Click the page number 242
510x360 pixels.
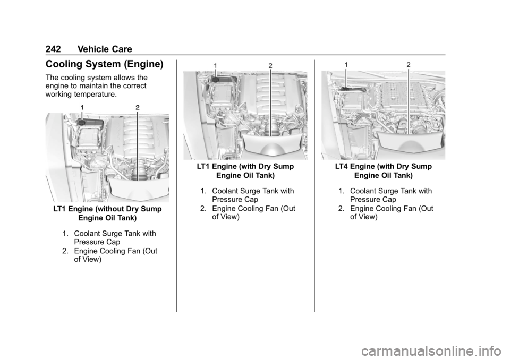pyautogui.click(x=53, y=49)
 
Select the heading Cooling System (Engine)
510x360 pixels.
pyautogui.click(x=105, y=64)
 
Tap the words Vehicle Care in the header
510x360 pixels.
pyautogui.click(x=105, y=49)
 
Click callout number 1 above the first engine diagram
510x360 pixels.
pyautogui.click(x=82, y=107)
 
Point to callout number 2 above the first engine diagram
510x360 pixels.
pyautogui.click(x=138, y=107)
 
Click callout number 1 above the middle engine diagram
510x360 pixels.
pyautogui.click(x=215, y=65)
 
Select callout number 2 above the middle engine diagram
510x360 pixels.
pyautogui.click(x=270, y=65)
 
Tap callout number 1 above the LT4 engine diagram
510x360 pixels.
pyautogui.click(x=347, y=65)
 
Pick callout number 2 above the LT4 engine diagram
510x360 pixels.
pyautogui.click(x=409, y=65)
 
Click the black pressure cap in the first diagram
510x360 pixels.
pyautogui.click(x=81, y=122)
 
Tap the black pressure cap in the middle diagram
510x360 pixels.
pyautogui.click(x=215, y=79)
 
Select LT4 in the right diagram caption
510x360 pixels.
pyautogui.click(x=342, y=167)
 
